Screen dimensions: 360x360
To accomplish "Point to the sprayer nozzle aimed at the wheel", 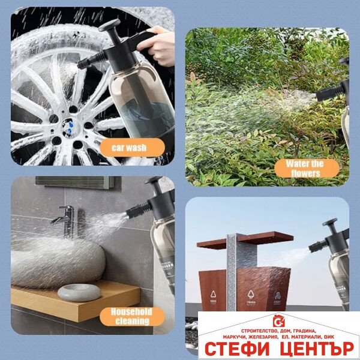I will pyautogui.click(x=82, y=64).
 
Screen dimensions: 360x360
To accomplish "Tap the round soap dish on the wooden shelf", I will pyautogui.click(x=79, y=292).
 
